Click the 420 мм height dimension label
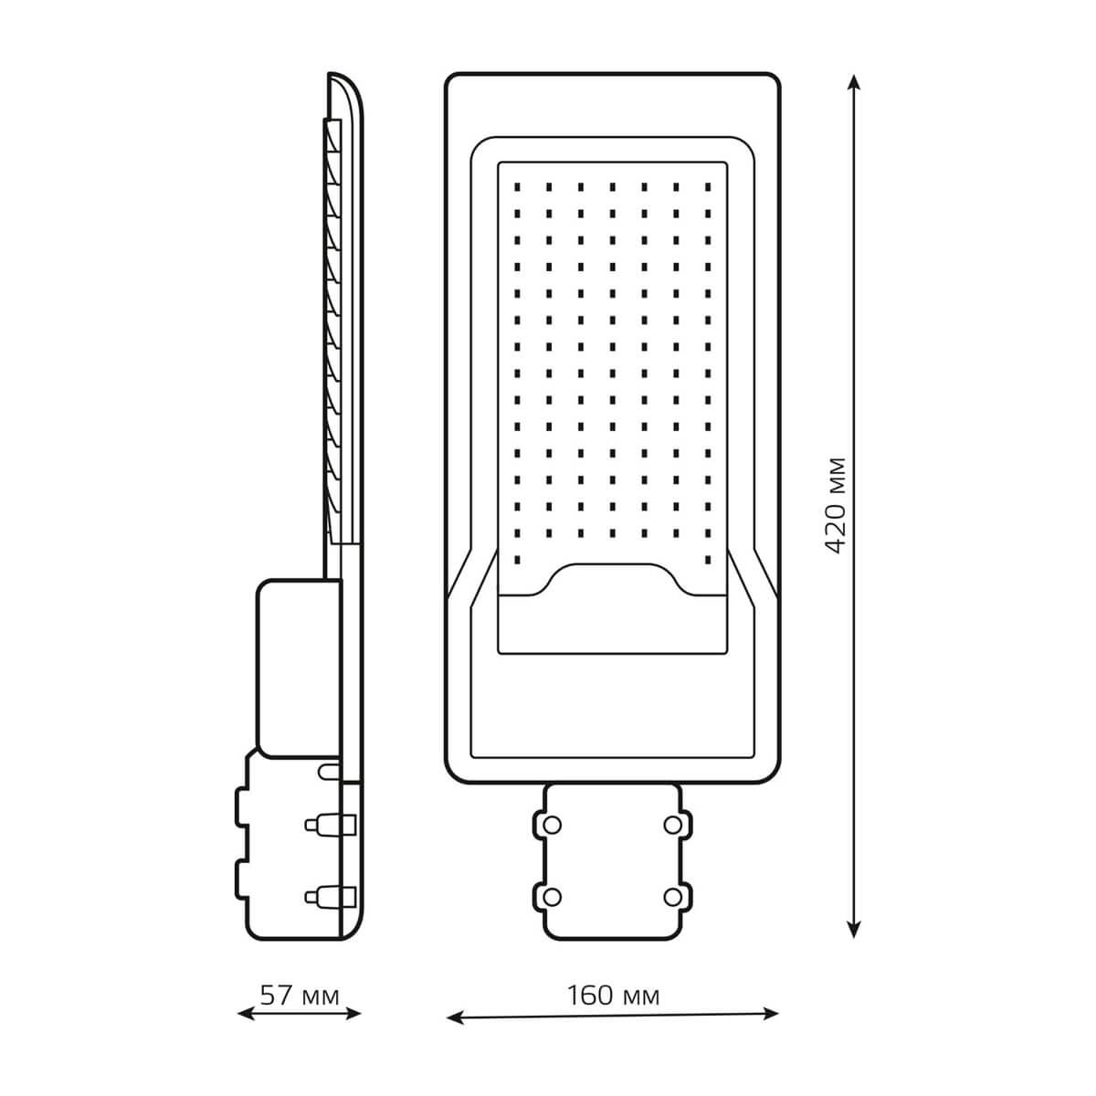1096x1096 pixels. (836, 506)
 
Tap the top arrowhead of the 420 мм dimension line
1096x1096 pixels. (852, 82)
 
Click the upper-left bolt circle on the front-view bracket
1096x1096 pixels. (553, 824)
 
